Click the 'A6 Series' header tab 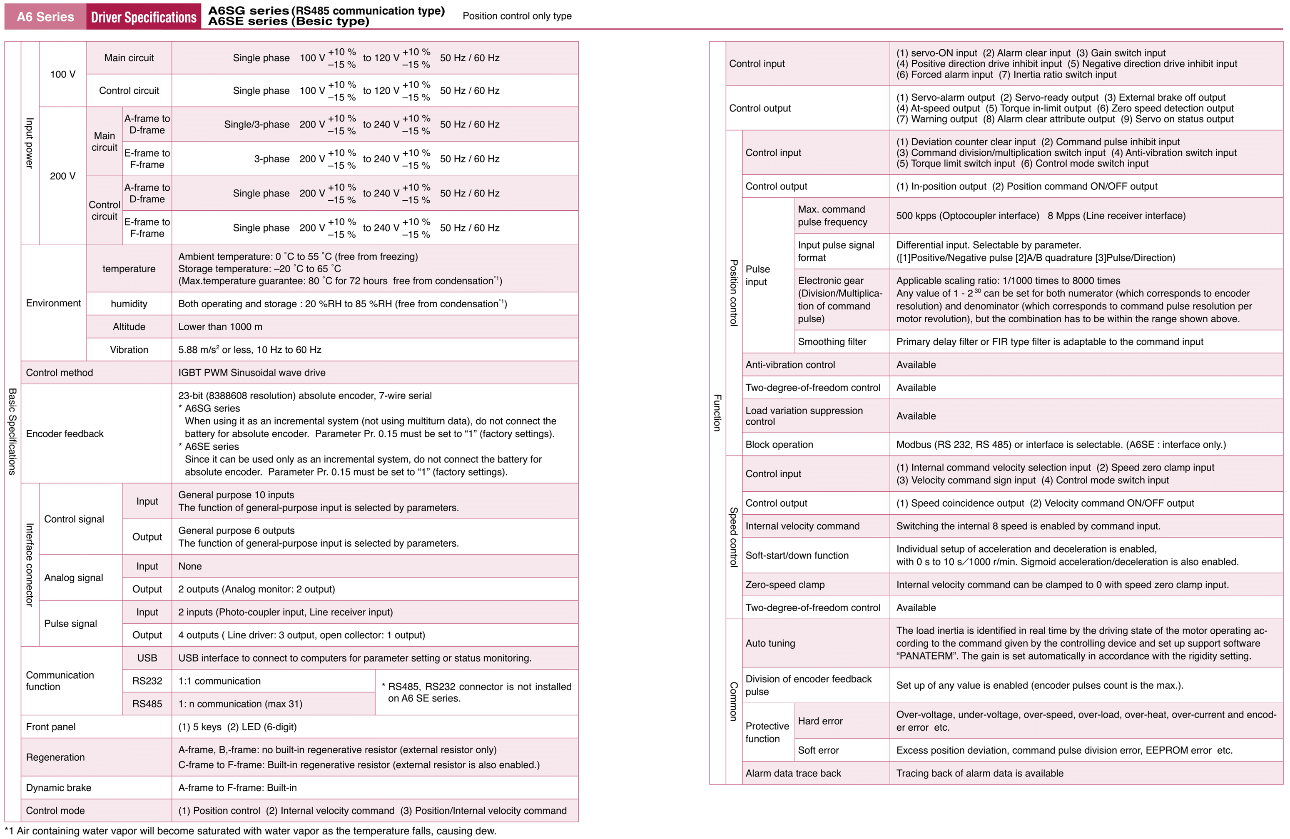45,17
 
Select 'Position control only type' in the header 517,16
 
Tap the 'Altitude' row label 129,327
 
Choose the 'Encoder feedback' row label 65,433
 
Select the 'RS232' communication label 147,681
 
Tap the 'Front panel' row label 51,727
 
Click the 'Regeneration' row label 55,757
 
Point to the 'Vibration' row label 129,350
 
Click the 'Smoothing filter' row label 832,342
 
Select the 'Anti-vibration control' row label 790,365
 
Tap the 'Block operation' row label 779,444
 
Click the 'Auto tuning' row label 770,643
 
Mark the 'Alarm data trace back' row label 792,773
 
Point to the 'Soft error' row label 818,751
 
